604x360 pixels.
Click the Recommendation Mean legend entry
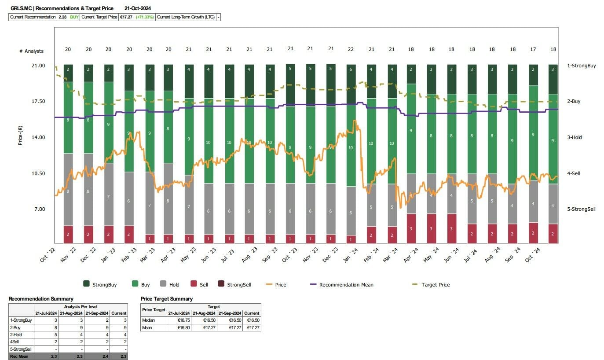pyautogui.click(x=346, y=285)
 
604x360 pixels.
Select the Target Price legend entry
pyautogui.click(x=436, y=285)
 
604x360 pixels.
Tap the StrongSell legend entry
pyautogui.click(x=239, y=285)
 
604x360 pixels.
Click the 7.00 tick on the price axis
pyautogui.click(x=39, y=209)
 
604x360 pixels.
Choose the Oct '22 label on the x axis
pyautogui.click(x=48, y=256)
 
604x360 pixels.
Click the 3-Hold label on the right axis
pyautogui.click(x=575, y=137)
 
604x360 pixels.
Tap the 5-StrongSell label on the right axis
pyautogui.click(x=582, y=209)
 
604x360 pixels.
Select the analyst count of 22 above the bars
pyautogui.click(x=351, y=49)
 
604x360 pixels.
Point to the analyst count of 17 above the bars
pyautogui.click(x=533, y=49)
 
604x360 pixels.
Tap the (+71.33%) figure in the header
pyautogui.click(x=144, y=17)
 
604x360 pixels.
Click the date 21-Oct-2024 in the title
pyautogui.click(x=138, y=8)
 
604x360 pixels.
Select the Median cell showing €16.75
pyautogui.click(x=179, y=320)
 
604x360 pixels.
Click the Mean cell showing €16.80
pyautogui.click(x=179, y=327)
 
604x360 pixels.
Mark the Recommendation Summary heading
pyautogui.click(x=41, y=299)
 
